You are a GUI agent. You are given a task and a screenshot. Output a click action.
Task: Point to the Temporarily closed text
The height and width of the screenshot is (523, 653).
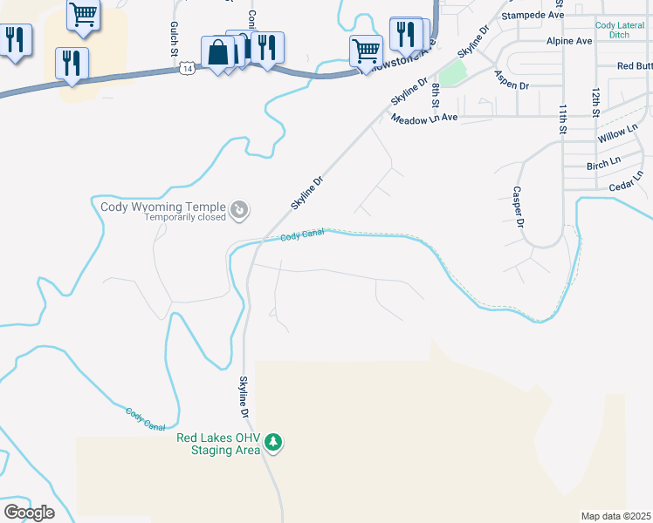pyautogui.click(x=185, y=218)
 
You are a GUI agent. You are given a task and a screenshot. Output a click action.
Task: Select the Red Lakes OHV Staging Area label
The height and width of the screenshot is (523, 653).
pyautogui.click(x=218, y=445)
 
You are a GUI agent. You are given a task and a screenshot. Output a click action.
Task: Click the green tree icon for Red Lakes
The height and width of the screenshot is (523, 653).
pyautogui.click(x=274, y=443)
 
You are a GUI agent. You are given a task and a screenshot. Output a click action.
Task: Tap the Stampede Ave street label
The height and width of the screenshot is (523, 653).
pyautogui.click(x=533, y=15)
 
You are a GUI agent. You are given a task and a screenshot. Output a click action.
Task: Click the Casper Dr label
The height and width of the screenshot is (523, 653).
pyautogui.click(x=518, y=207)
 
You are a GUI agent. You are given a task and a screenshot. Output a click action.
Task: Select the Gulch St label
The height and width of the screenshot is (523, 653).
pyautogui.click(x=174, y=39)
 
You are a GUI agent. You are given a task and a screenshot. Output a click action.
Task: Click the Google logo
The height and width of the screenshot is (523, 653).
pyautogui.click(x=29, y=512)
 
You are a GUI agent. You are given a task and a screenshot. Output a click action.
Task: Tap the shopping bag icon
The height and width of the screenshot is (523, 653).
pyautogui.click(x=216, y=52)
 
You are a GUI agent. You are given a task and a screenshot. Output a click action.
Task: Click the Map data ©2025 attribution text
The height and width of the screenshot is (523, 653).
pyautogui.click(x=615, y=516)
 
